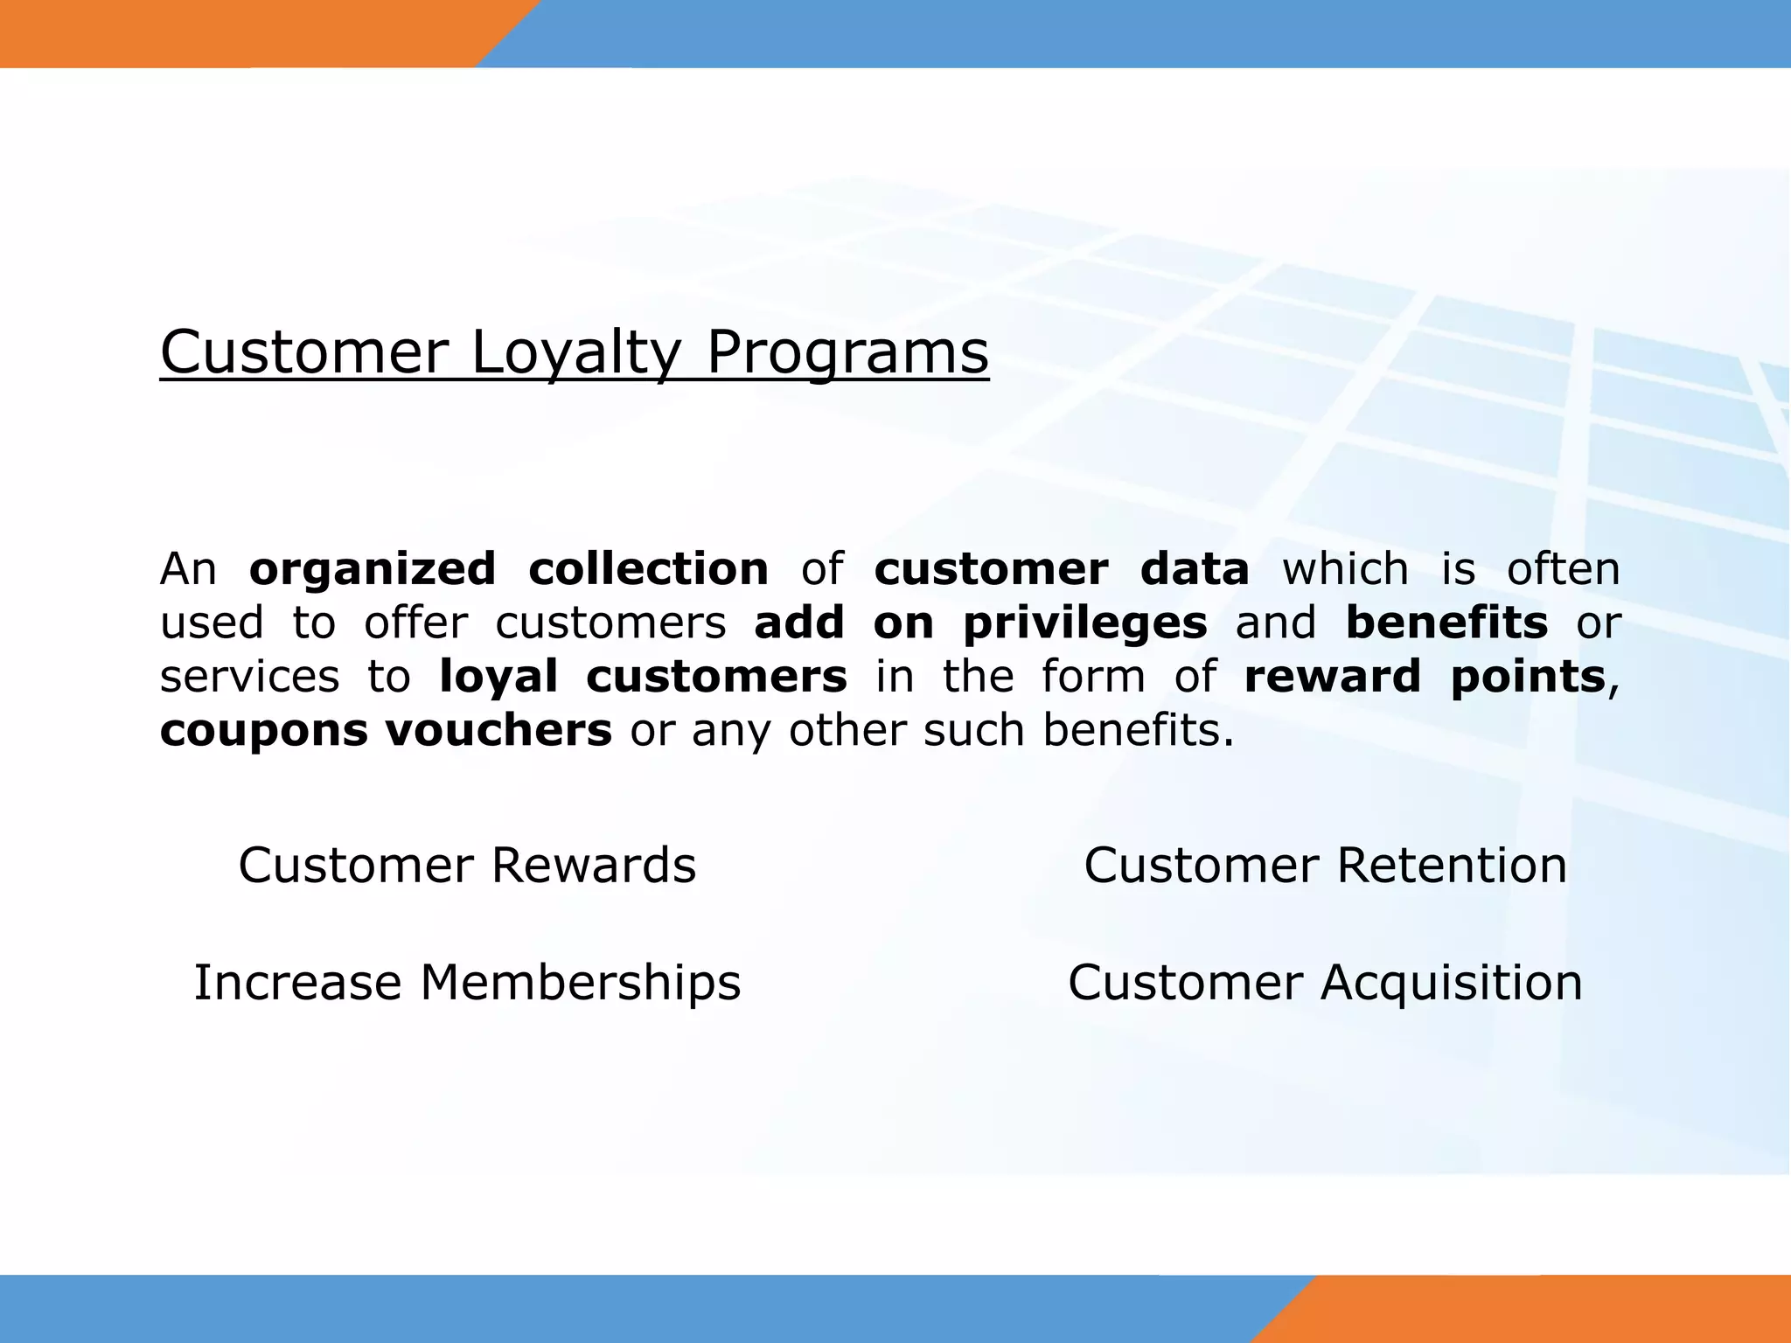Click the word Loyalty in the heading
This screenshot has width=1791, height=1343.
pyautogui.click(x=575, y=353)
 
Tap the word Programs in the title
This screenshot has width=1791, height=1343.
pyautogui.click(x=847, y=353)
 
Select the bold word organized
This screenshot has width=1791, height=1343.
pyautogui.click(x=373, y=570)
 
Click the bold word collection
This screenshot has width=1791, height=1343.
pyautogui.click(x=648, y=569)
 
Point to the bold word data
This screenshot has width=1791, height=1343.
pyautogui.click(x=1195, y=569)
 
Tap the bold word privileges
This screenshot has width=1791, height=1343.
pyautogui.click(x=1084, y=624)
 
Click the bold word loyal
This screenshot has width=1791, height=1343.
pyautogui.click(x=498, y=677)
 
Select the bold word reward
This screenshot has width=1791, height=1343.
pyautogui.click(x=1332, y=677)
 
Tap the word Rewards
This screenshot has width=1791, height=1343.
pyautogui.click(x=593, y=866)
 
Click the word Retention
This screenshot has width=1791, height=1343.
pyautogui.click(x=1452, y=866)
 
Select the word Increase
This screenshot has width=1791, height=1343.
pyautogui.click(x=297, y=983)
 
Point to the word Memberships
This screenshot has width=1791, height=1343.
pyautogui.click(x=581, y=983)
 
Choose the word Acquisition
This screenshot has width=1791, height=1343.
pyautogui.click(x=1452, y=983)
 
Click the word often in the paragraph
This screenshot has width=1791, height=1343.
pyautogui.click(x=1563, y=569)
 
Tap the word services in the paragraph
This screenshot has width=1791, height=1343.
pyautogui.click(x=249, y=677)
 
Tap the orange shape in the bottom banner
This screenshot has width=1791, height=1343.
pyautogui.click(x=1539, y=1309)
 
